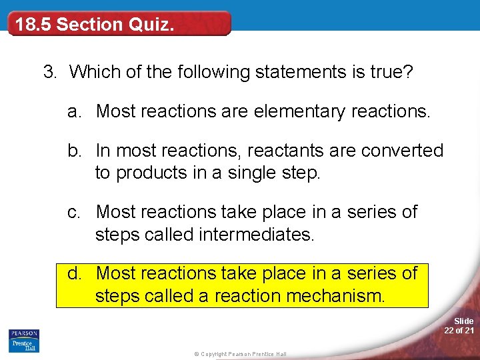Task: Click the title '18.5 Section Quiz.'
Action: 95,25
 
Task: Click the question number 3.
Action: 49,71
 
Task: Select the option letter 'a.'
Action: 75,111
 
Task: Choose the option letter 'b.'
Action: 75,151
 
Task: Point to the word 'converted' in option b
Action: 402,151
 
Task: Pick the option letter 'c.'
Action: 75,212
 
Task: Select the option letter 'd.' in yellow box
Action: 75,273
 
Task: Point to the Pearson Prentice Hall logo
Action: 24,341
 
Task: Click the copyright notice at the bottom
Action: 236,354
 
